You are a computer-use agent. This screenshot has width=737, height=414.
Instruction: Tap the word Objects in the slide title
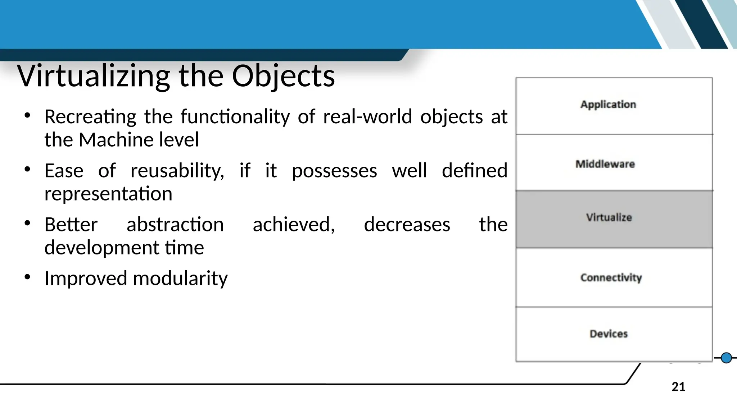point(283,76)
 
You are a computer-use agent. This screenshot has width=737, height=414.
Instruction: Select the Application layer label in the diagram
point(608,105)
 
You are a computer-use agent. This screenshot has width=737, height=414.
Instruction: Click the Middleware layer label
point(605,164)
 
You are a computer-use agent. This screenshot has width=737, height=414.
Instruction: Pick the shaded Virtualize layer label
point(609,217)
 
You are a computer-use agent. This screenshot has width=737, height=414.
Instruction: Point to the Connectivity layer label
point(611,277)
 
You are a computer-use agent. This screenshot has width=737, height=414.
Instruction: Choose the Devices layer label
point(609,334)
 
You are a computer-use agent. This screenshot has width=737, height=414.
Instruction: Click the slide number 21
point(678,387)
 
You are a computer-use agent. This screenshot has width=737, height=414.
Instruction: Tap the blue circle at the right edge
point(727,358)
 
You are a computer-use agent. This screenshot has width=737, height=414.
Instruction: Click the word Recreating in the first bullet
point(90,117)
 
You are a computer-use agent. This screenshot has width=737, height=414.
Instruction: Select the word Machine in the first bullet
point(112,140)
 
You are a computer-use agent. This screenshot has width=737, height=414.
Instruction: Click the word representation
point(108,194)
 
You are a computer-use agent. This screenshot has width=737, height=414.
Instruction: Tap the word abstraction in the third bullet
point(175,225)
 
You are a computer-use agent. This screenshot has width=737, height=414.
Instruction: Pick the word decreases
point(407,225)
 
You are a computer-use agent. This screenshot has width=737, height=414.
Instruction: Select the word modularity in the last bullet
point(180,279)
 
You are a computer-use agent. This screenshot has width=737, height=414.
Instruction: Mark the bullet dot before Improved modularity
point(27,277)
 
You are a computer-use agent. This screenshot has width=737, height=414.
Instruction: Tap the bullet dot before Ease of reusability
point(27,169)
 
